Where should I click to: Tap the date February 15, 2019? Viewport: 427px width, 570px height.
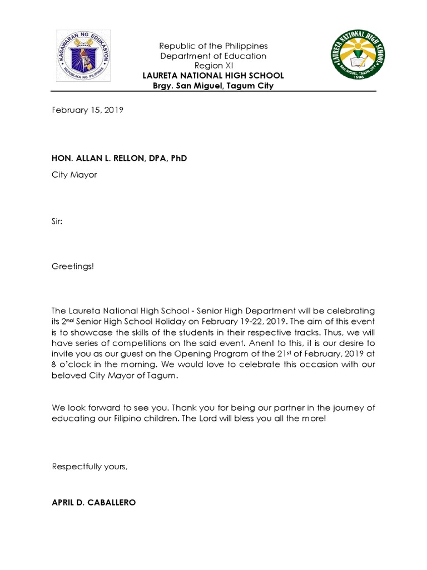tap(87, 110)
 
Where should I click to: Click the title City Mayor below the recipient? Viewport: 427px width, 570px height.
tap(74, 175)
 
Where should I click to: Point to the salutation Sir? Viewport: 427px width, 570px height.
tap(57, 221)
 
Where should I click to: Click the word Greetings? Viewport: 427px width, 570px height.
tap(73, 267)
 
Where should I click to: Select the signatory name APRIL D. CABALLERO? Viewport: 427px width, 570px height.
tap(93, 502)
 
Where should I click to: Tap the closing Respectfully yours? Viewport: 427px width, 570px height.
tap(90, 466)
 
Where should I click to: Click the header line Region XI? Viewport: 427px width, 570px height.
tap(213, 66)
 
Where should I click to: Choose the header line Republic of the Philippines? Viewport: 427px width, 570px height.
tap(213, 46)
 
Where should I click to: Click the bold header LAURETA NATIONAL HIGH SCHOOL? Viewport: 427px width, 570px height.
tap(213, 76)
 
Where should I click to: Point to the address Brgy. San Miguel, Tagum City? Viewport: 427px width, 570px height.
tap(213, 86)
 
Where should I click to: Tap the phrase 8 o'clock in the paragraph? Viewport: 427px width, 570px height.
tap(69, 365)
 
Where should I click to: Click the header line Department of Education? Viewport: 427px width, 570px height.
tap(213, 56)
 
